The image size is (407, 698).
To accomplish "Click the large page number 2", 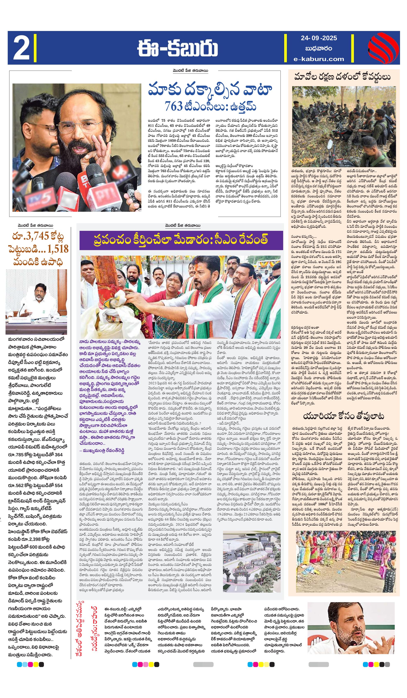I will coord(21,48).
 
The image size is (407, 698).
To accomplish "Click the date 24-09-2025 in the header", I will coord(319,38).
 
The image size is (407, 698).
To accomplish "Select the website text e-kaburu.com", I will coord(319,59).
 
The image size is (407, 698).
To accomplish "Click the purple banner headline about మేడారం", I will coord(181,240).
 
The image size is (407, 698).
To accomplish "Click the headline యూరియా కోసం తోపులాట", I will coord(343,416).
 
